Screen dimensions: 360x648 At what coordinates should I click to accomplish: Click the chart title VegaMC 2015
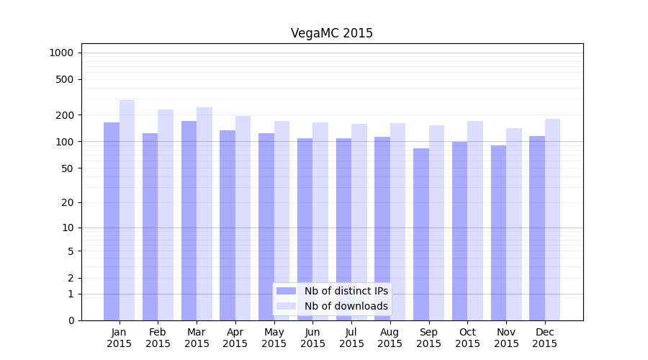coord(332,33)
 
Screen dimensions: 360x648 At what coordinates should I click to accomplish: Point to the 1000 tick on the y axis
coord(61,53)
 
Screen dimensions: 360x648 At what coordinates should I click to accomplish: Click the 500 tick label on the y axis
coord(66,79)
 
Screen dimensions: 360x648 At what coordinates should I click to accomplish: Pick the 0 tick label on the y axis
coord(71,320)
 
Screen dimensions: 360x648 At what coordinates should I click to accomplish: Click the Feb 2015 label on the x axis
coord(158,338)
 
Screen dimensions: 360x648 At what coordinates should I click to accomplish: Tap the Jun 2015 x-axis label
coord(312,338)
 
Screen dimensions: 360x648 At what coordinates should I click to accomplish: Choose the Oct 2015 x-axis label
coord(467,338)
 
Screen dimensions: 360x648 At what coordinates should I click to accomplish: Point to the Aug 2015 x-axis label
coord(390,338)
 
